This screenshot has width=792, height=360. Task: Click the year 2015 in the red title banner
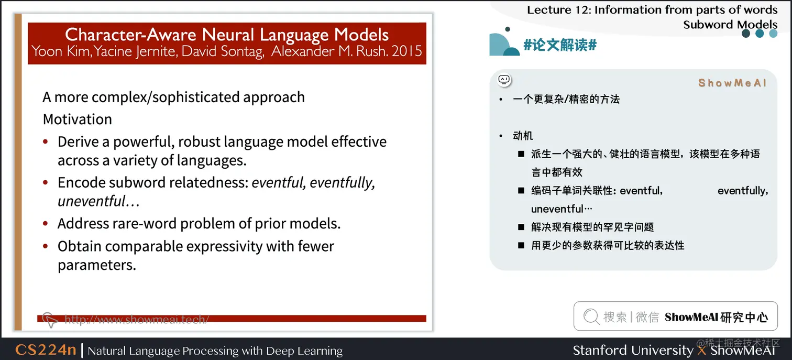tap(406, 51)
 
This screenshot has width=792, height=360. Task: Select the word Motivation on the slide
tap(78, 119)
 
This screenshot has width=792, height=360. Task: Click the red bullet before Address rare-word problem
tap(45, 224)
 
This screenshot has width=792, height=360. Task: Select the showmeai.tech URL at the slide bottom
tap(137, 319)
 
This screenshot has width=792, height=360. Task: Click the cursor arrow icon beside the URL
tap(50, 320)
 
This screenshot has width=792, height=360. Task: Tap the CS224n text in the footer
tap(46, 350)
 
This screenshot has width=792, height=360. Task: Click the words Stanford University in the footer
tap(633, 350)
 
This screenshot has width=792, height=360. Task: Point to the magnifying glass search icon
tap(591, 316)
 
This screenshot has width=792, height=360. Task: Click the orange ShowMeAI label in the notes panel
tap(732, 83)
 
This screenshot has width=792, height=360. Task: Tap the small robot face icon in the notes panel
tap(504, 80)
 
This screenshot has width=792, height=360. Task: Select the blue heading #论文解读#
tap(560, 45)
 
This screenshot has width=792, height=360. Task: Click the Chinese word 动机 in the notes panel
tap(523, 135)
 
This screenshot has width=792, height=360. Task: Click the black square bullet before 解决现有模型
tap(521, 227)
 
